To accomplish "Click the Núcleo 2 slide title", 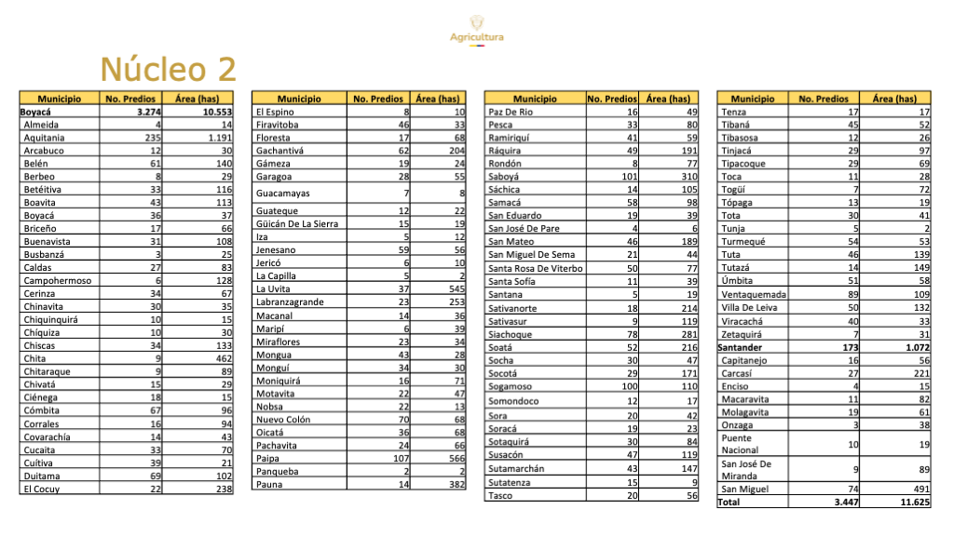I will coord(168,70).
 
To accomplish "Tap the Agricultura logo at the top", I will coord(476,29).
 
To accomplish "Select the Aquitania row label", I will coord(44,138).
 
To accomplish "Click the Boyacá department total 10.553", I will coord(211,112).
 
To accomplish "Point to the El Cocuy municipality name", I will coord(42,489).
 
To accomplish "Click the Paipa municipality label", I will coord(268,458).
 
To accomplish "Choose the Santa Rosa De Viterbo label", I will coord(536,268).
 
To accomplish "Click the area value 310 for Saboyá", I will coord(686,177).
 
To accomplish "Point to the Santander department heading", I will coord(740,347).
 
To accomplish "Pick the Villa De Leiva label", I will coord(749,307).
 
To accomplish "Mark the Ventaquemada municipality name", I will coord(754,294).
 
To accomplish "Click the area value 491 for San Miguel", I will coord(918,489).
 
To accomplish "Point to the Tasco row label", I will coord(501,496).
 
